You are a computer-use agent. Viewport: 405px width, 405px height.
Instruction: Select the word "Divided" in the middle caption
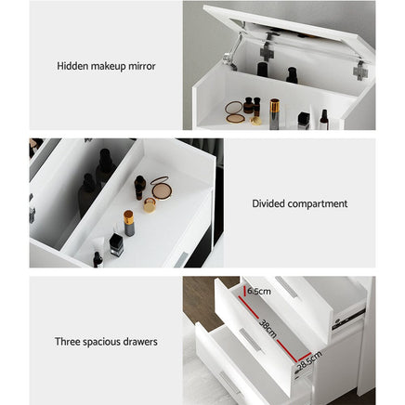tap(268, 203)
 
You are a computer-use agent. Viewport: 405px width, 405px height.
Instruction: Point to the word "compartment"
tap(316, 203)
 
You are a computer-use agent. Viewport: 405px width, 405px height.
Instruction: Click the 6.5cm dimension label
tap(259, 290)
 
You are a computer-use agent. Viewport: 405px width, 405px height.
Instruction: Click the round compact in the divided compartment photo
tap(161, 188)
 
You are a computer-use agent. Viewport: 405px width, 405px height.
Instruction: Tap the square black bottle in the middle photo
tap(116, 244)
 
